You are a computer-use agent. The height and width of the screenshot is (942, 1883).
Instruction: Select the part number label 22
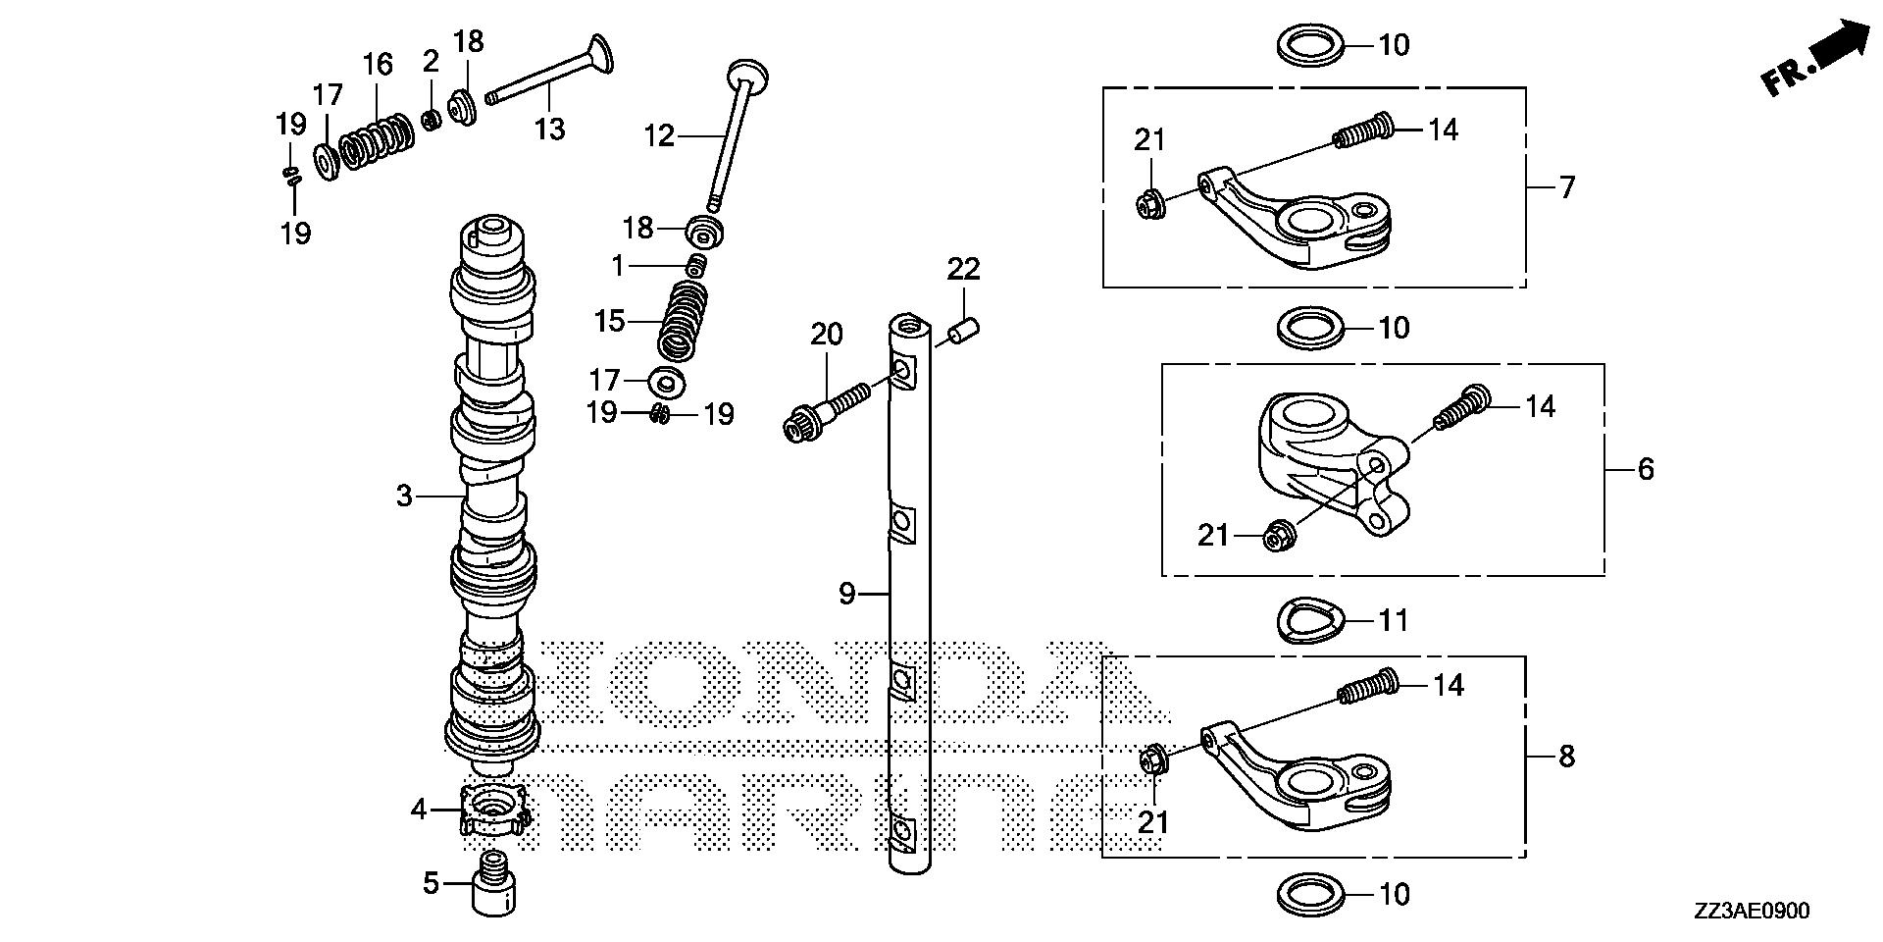(x=963, y=268)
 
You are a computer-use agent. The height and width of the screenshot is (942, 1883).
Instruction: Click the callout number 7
(x=1566, y=186)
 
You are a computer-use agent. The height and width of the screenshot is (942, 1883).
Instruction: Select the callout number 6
(x=1645, y=469)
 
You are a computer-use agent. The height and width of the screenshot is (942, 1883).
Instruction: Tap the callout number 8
(x=1566, y=757)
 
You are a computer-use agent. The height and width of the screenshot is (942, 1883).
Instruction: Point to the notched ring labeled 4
(x=494, y=811)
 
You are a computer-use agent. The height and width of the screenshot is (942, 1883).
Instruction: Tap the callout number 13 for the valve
(x=549, y=129)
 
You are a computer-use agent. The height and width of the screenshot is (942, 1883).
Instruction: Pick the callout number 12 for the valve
(x=659, y=134)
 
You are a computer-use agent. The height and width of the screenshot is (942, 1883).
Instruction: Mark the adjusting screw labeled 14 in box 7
(x=1364, y=131)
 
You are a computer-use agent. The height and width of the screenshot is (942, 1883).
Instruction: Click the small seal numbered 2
(x=430, y=119)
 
